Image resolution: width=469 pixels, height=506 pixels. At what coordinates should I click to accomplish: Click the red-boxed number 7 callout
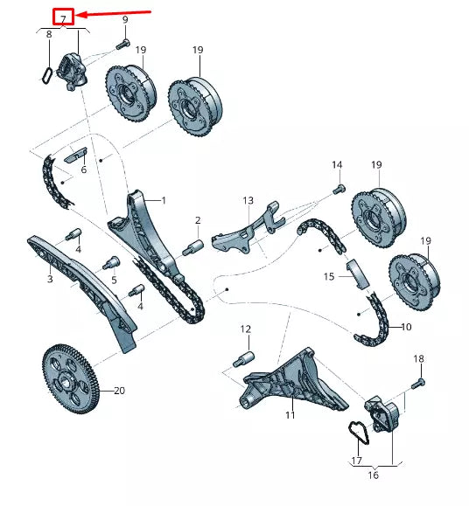pyautogui.click(x=63, y=17)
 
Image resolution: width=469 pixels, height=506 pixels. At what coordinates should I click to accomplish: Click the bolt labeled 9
pyautogui.click(x=122, y=43)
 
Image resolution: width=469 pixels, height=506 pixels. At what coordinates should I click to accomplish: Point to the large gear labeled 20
pyautogui.click(x=71, y=376)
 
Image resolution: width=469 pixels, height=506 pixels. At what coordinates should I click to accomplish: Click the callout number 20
pyautogui.click(x=119, y=391)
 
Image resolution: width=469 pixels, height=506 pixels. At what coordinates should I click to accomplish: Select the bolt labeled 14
pyautogui.click(x=340, y=186)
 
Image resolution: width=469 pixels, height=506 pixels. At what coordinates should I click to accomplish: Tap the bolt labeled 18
pyautogui.click(x=416, y=381)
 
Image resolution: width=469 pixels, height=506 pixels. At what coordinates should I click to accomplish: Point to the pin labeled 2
pyautogui.click(x=192, y=247)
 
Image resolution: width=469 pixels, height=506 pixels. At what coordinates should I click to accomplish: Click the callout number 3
pyautogui.click(x=50, y=280)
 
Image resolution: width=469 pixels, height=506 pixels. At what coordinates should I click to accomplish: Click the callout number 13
pyautogui.click(x=248, y=200)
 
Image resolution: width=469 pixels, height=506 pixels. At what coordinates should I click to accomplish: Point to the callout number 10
pyautogui.click(x=405, y=328)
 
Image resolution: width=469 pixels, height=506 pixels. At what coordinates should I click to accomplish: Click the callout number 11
pyautogui.click(x=290, y=415)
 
